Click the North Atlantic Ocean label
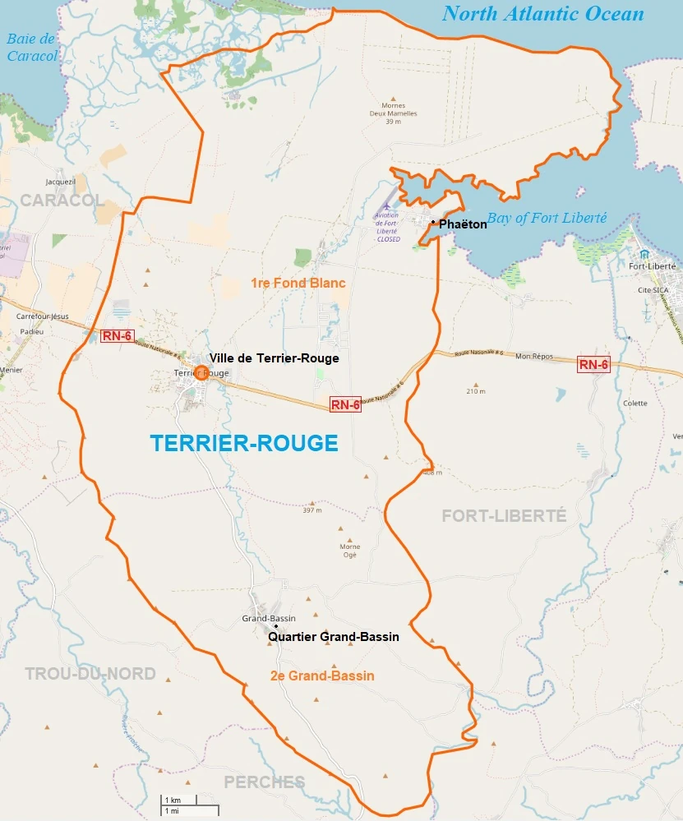click(542, 14)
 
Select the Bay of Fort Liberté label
click(547, 218)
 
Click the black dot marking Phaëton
click(433, 222)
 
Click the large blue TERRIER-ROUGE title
click(244, 443)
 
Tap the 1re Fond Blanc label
click(298, 283)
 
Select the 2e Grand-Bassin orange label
click(322, 676)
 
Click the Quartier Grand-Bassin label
click(334, 637)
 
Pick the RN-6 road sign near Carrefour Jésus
click(118, 335)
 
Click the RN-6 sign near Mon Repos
click(593, 365)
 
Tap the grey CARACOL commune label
click(62, 201)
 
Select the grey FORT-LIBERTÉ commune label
click(504, 515)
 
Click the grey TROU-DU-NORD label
click(90, 674)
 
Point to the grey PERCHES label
click(265, 782)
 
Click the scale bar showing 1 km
click(189, 805)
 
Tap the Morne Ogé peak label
click(350, 551)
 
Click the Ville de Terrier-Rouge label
click(274, 358)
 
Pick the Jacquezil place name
click(61, 182)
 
